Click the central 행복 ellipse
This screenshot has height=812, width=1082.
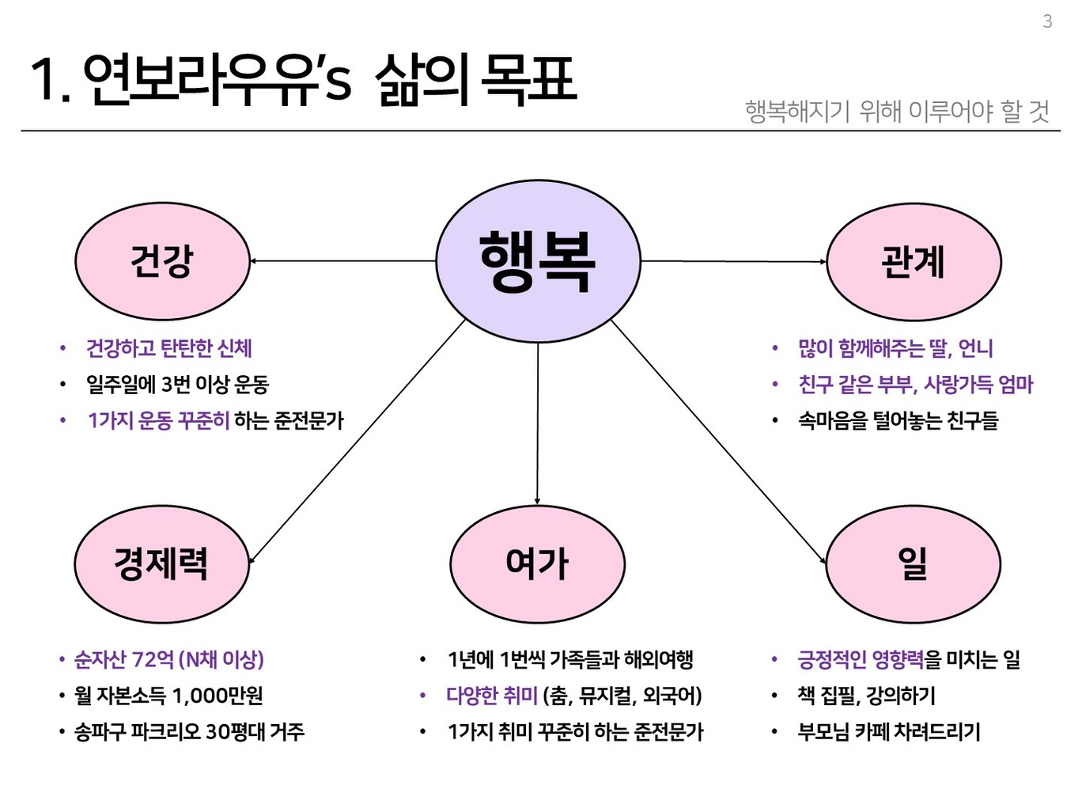pos(538,261)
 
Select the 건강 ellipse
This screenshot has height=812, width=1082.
pos(162,261)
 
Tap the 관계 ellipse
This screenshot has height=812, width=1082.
pos(914,261)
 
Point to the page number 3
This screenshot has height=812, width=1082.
pos(1047,22)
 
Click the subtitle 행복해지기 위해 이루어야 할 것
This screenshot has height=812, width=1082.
pos(897,112)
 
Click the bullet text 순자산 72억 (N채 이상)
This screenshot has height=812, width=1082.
pos(169,659)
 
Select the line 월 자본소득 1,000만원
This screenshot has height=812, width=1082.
pos(168,696)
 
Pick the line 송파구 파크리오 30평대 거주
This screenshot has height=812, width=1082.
pos(189,731)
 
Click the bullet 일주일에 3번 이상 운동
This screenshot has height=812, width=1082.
pos(177,385)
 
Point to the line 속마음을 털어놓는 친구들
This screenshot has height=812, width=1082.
pos(898,420)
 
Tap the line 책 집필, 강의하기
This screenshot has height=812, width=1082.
pos(866,696)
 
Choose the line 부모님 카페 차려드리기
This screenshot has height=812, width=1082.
pos(889,731)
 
